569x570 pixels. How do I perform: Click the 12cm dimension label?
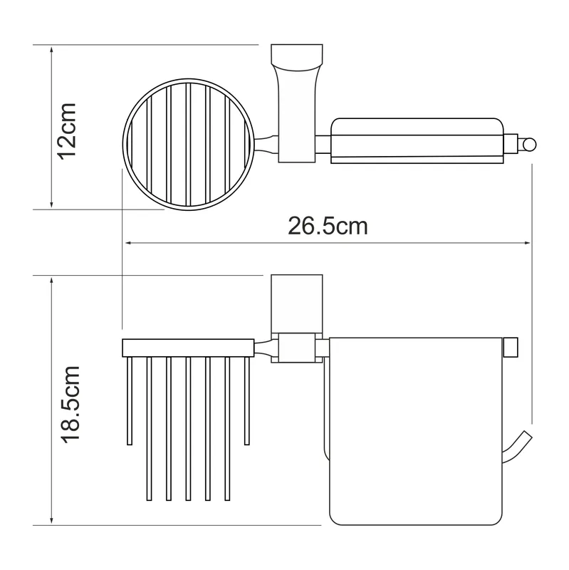[67, 131]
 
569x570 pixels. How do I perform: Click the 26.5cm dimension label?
[328, 226]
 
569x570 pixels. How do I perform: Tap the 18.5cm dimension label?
[70, 404]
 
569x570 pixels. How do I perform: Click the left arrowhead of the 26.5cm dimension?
[128, 242]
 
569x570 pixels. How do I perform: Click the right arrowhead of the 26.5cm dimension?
[526, 242]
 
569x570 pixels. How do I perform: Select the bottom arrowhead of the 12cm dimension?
[51, 204]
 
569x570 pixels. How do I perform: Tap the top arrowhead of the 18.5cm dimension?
[51, 280]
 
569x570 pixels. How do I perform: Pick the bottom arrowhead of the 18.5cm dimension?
[51, 521]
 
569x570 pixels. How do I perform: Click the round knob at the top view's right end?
[529, 145]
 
